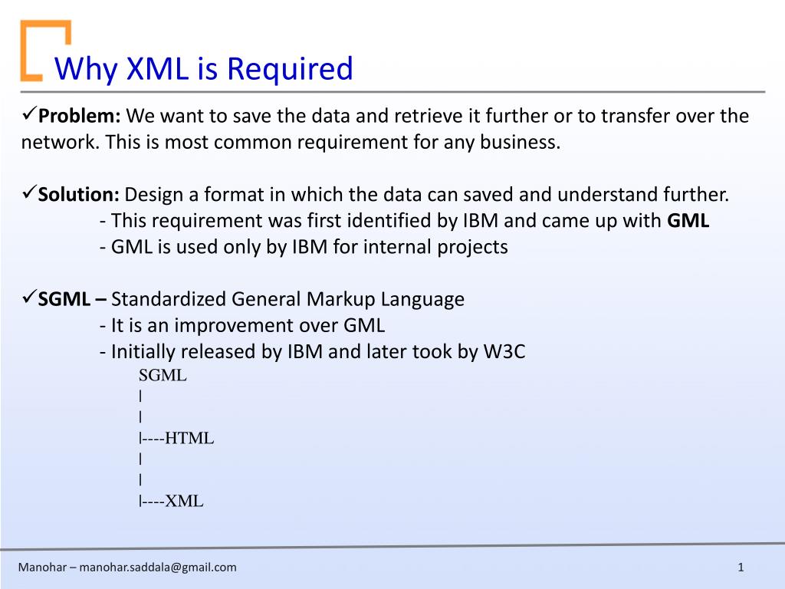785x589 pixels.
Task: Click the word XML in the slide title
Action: click(157, 68)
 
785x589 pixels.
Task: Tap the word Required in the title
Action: click(291, 69)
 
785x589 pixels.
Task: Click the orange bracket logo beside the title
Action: click(45, 50)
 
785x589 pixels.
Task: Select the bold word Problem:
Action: click(80, 116)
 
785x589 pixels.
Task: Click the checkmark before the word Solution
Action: click(29, 192)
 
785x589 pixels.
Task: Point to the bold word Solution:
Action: click(79, 194)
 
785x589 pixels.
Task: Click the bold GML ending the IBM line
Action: click(688, 220)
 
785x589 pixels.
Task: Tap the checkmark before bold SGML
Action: click(29, 297)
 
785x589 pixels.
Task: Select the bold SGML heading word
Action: click(64, 299)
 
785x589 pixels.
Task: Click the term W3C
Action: click(504, 351)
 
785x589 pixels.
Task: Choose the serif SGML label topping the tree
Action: click(163, 375)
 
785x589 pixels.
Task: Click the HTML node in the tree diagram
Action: click(189, 438)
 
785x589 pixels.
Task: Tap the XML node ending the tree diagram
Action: click(184, 501)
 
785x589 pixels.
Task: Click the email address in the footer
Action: click(158, 568)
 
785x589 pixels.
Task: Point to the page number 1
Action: click(741, 568)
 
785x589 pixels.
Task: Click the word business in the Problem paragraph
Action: click(521, 142)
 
